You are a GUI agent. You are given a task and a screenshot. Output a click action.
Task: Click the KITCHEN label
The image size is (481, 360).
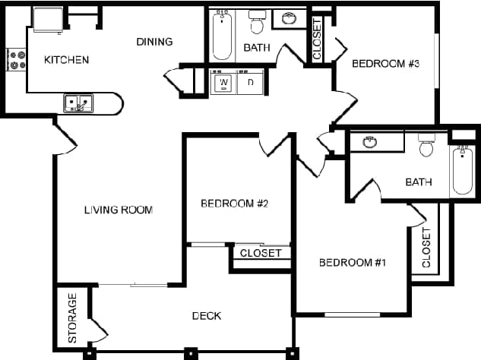pos(67,60)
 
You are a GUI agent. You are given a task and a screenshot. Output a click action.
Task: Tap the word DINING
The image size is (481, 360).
pos(154,42)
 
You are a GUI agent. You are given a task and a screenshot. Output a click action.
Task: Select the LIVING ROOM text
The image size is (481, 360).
pos(119,210)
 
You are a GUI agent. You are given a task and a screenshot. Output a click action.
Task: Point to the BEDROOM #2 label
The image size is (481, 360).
pos(236,204)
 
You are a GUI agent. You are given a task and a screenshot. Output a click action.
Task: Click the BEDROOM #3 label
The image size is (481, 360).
pos(386,64)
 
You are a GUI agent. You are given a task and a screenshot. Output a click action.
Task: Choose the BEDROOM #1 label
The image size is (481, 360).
pos(353,263)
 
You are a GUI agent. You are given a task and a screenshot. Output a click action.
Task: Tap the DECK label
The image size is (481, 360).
pos(207,316)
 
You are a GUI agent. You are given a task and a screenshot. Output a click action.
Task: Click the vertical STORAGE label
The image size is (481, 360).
pos(73,317)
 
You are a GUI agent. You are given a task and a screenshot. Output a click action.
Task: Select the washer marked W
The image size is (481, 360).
pos(224,82)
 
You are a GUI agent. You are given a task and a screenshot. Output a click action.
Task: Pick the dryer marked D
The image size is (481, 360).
pos(250,82)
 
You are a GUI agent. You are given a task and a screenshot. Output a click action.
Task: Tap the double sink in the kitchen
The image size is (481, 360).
pos(78,103)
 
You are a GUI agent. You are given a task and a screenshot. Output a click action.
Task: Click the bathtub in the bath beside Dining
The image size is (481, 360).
pos(222,35)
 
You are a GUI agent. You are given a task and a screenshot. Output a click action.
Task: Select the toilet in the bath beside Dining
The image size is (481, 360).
pos(257,24)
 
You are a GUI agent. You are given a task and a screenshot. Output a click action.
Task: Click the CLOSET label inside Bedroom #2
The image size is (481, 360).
pos(261,253)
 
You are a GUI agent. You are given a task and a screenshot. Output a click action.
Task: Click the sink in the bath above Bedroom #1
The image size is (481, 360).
pos(370,142)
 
